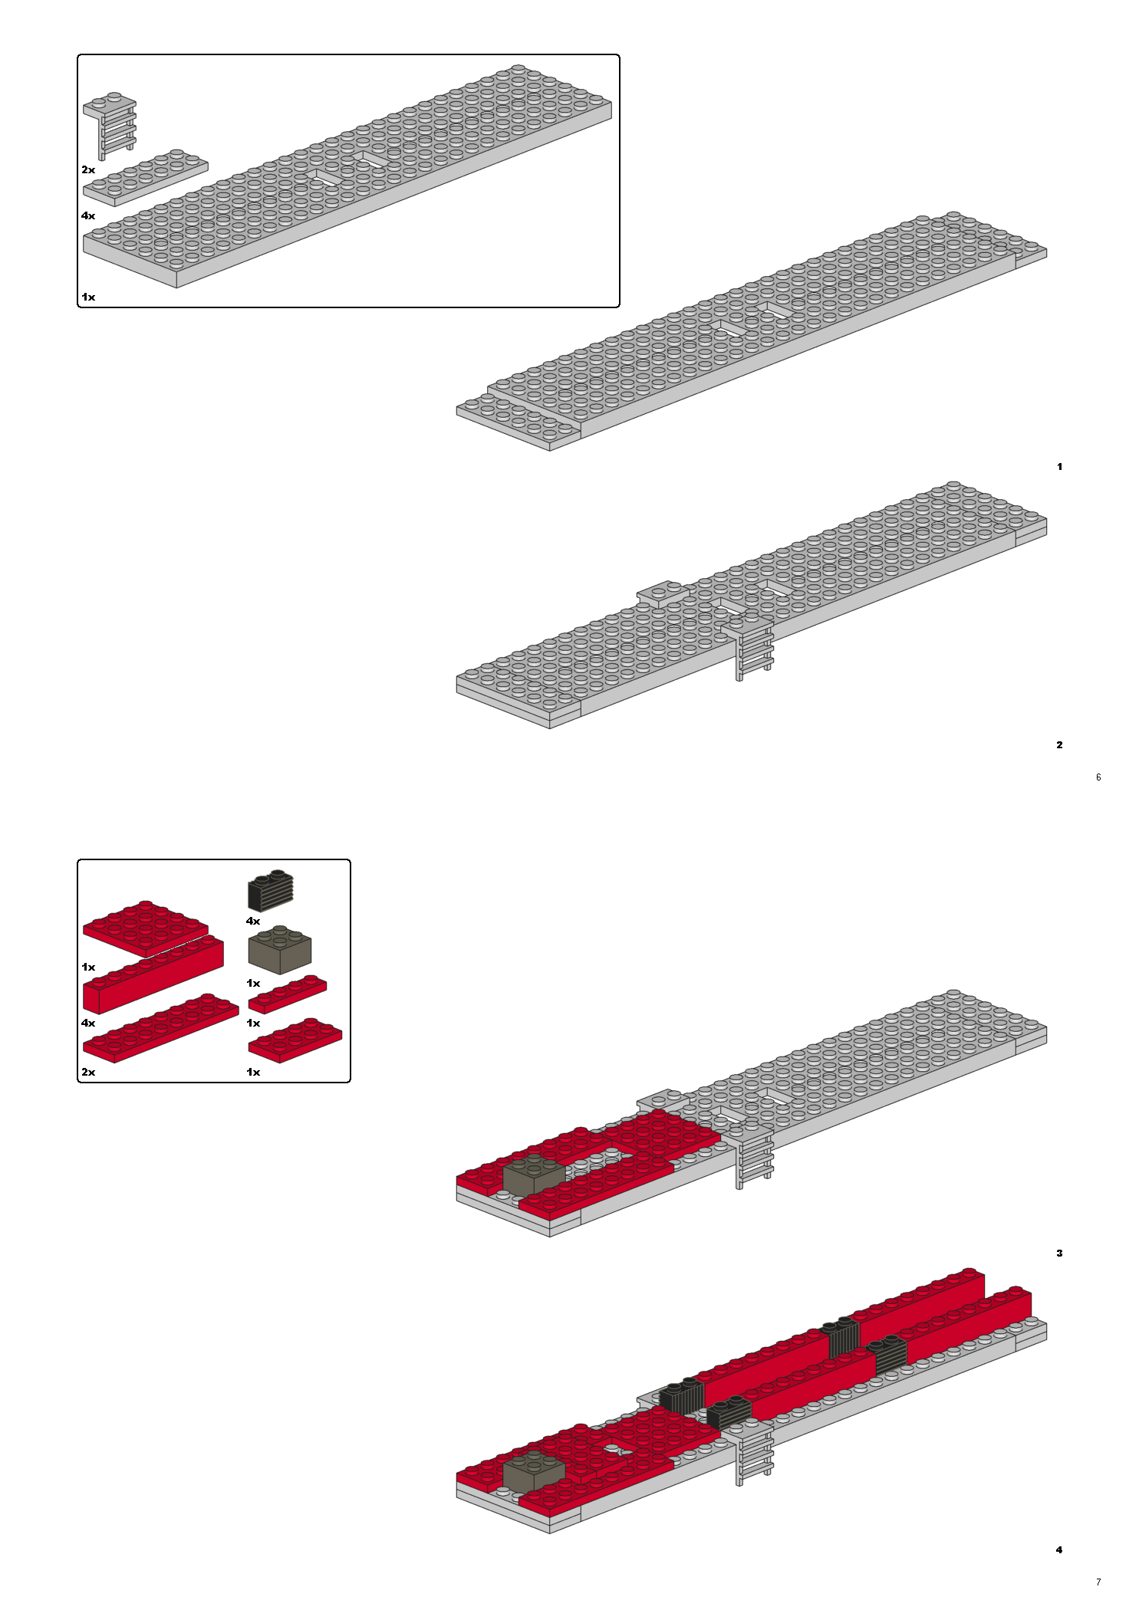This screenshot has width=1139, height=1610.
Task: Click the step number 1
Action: pos(1059,466)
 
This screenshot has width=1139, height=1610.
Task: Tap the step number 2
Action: pos(1059,744)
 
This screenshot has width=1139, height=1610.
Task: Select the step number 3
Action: pos(1059,1253)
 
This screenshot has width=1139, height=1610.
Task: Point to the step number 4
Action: pos(1059,1549)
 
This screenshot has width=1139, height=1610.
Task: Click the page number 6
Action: pos(1098,777)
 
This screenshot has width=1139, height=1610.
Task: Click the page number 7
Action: pos(1098,1582)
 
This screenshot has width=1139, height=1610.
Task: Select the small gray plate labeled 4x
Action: pos(145,178)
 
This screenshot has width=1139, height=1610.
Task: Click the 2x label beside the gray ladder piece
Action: pos(88,169)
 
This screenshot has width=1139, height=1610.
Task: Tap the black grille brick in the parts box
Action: pos(271,890)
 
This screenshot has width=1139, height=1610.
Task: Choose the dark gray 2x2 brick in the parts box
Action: pos(280,949)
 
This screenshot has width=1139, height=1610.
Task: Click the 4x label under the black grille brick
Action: pos(253,921)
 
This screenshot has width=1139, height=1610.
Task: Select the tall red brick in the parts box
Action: pos(153,975)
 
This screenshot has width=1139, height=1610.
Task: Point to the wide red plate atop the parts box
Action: pos(146,928)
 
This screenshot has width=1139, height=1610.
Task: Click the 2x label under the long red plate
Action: pos(88,1072)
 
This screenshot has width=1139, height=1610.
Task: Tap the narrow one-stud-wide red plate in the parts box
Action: pos(288,994)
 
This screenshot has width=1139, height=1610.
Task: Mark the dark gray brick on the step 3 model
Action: pos(534,1175)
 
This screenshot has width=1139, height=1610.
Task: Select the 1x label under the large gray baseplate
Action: pos(88,297)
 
